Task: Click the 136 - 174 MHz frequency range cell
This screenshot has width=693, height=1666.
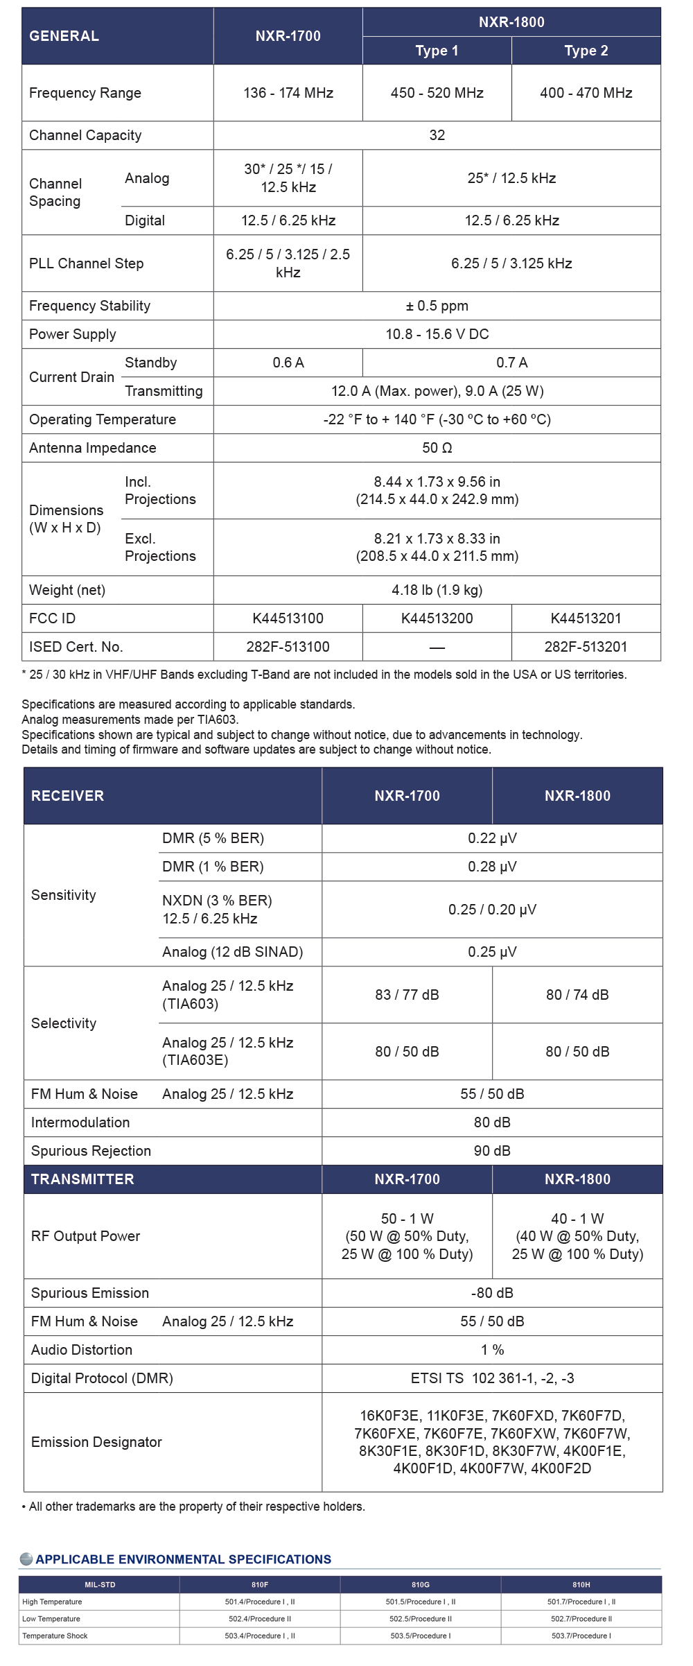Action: click(288, 93)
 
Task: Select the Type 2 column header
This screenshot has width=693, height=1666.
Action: click(586, 51)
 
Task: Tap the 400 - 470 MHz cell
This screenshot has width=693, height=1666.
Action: click(586, 93)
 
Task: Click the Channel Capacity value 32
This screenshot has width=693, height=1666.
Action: click(437, 135)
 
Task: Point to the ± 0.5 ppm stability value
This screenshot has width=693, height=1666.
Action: click(437, 306)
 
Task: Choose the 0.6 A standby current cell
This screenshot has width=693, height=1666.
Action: click(288, 363)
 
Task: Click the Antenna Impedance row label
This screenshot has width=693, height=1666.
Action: click(93, 448)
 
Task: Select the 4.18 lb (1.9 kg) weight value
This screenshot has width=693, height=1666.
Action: click(437, 590)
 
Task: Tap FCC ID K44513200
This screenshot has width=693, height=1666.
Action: click(437, 618)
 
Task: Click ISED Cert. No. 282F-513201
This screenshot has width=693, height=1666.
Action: click(586, 647)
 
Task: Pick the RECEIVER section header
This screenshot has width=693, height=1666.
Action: click(68, 796)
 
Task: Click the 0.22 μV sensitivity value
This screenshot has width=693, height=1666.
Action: click(492, 838)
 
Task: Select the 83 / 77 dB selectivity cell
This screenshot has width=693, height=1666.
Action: click(407, 995)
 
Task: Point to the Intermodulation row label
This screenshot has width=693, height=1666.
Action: click(80, 1122)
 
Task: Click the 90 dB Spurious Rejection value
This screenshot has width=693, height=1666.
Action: click(492, 1151)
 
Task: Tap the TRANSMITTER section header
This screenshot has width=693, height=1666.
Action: click(82, 1179)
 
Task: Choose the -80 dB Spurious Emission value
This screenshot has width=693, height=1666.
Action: click(492, 1293)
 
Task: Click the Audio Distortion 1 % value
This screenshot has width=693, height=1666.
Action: click(492, 1350)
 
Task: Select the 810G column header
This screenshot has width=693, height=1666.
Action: click(420, 1585)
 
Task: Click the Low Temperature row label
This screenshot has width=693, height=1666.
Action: click(51, 1619)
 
